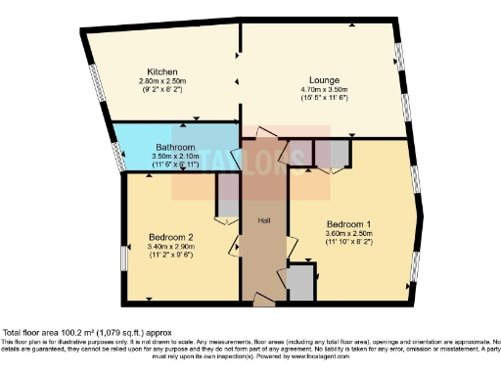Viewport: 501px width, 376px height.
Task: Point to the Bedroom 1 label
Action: tap(348, 223)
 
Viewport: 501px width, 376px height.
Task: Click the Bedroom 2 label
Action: tap(170, 237)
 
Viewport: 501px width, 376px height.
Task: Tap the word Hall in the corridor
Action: tap(263, 220)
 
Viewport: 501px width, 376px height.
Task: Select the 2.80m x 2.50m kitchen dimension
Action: tap(162, 82)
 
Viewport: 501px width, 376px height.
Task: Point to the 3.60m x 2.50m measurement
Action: tap(348, 233)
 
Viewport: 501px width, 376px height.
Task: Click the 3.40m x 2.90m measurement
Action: tap(170, 247)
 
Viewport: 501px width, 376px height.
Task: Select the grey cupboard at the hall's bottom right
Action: tap(301, 283)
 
